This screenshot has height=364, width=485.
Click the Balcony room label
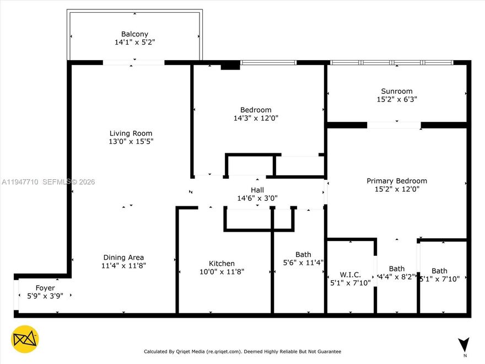pos(135,34)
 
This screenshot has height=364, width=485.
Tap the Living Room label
pos(131,133)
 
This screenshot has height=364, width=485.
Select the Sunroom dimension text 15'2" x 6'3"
pos(397,100)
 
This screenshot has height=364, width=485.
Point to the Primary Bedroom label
pos(397,181)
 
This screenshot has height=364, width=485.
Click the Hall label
pos(257,190)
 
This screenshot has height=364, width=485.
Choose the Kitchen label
pos(222,264)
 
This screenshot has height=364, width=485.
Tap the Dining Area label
pos(123,258)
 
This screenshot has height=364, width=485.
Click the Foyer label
pos(45,288)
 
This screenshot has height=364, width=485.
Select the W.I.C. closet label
pos(350,275)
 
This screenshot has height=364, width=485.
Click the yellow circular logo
pos(25,339)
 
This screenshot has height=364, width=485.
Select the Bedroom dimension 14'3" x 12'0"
pos(256,118)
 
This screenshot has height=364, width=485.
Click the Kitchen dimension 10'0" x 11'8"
pos(222,271)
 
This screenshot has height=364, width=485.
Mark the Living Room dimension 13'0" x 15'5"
pos(131,142)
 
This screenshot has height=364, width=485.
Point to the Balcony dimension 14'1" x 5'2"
pos(135,42)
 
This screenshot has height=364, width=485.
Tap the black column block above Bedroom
pos(230,66)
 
